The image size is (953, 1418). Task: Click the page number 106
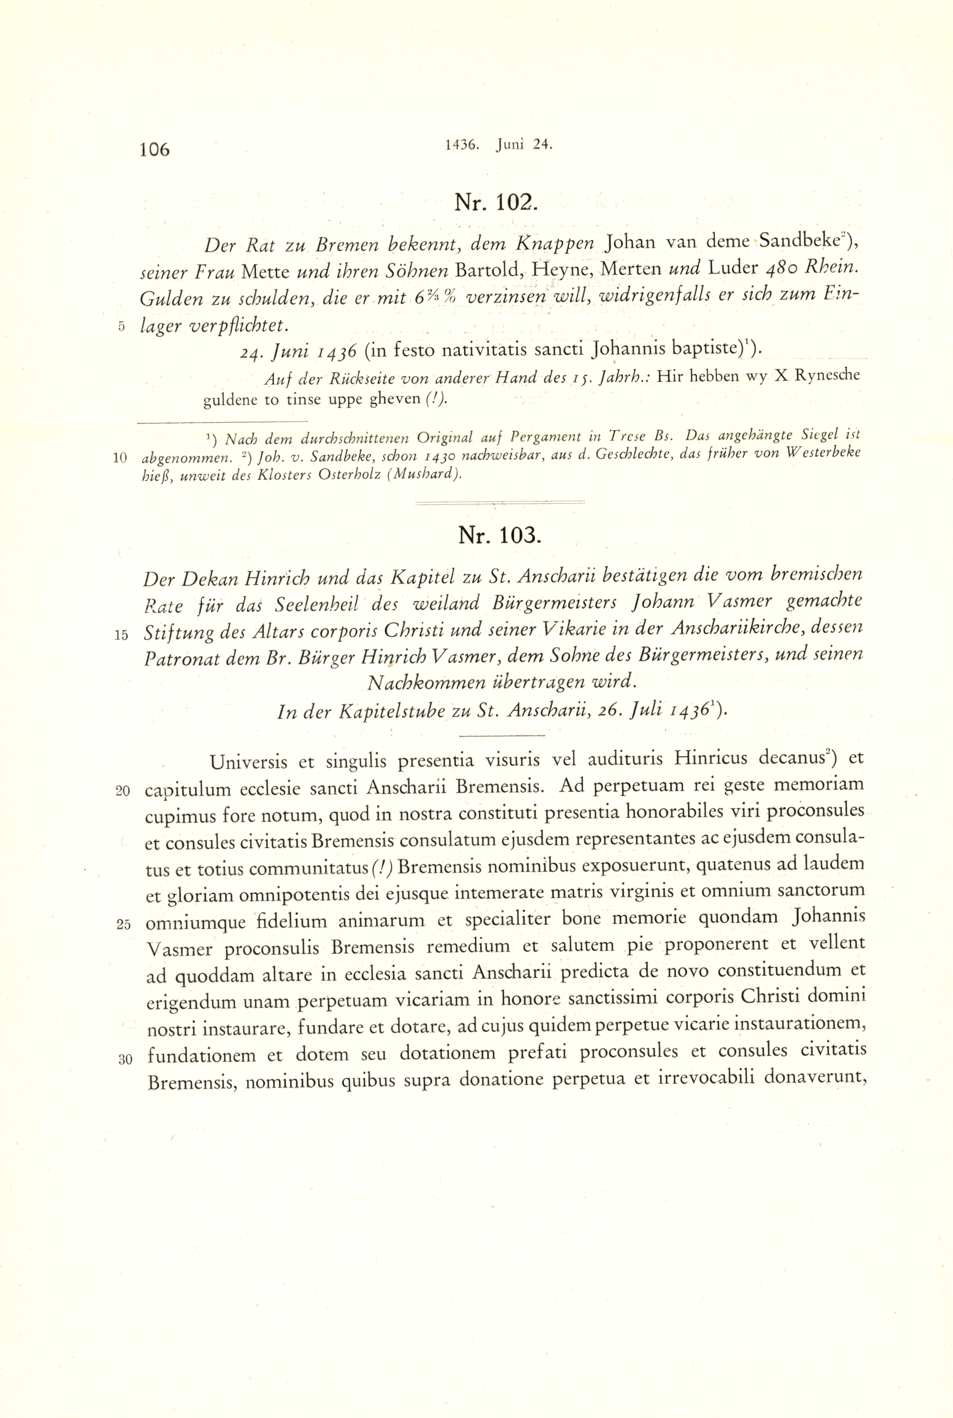155,149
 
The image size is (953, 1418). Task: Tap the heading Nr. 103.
498,535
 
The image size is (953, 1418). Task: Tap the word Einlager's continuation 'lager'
162,326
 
